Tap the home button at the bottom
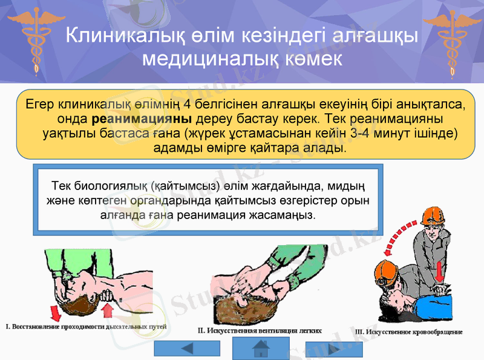tap(261, 348)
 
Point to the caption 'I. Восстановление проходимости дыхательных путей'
tap(86, 327)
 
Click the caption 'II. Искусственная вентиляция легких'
tap(259, 331)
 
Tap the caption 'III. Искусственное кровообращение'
tap(408, 332)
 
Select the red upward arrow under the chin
tap(108, 310)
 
